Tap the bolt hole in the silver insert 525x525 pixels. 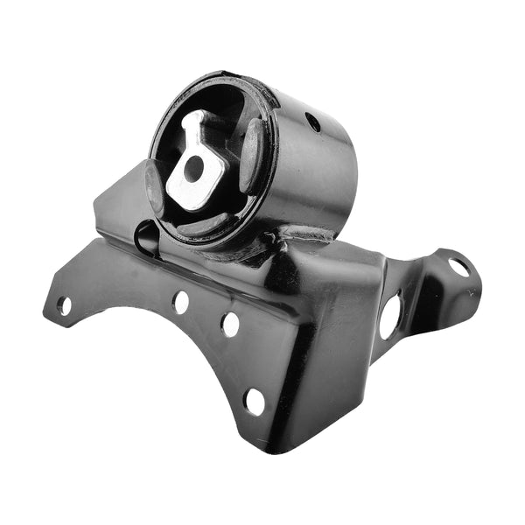pyautogui.click(x=194, y=167)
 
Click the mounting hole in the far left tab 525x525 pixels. pyautogui.click(x=64, y=305)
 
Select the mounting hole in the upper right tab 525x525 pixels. pyautogui.click(x=458, y=265)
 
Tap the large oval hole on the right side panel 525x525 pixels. pyautogui.click(x=390, y=317)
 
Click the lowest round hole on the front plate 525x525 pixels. pyautogui.click(x=255, y=402)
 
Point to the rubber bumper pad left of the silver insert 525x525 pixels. pyautogui.click(x=155, y=186)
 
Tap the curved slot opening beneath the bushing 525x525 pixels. pyautogui.click(x=145, y=235)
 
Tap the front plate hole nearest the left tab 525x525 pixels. pyautogui.click(x=181, y=302)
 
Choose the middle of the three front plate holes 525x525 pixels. pyautogui.click(x=230, y=325)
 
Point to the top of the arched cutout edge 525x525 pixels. pyautogui.click(x=140, y=311)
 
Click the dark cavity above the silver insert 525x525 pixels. pyautogui.click(x=219, y=109)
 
